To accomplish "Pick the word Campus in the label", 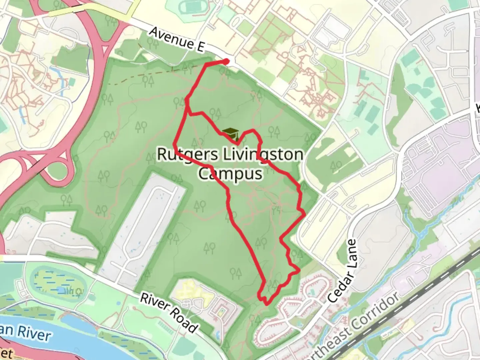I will coord(230,174).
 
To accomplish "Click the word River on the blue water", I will coord(34,333).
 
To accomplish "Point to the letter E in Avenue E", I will coord(199,47).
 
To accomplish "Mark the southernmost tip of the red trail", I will coord(267,304).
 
